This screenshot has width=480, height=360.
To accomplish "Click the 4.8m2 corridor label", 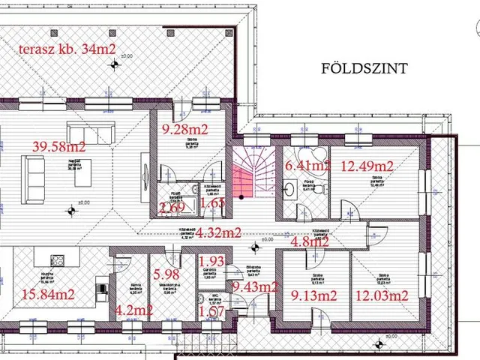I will pyautogui.click(x=310, y=241).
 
